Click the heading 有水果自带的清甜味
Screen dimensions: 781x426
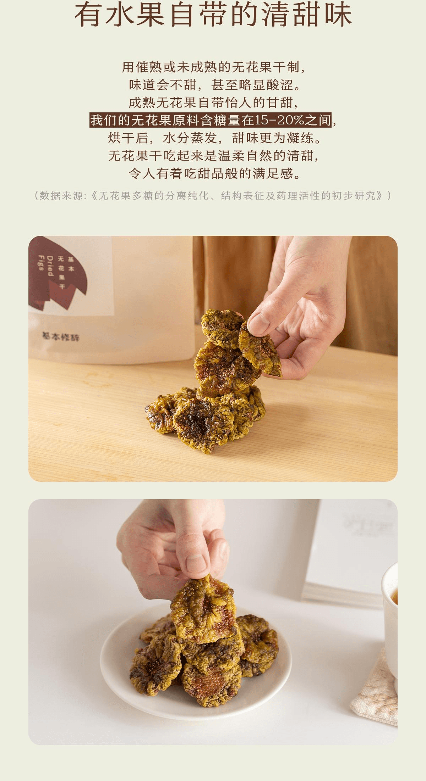213,15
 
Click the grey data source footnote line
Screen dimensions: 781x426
213,195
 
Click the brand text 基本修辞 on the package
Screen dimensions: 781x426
61,336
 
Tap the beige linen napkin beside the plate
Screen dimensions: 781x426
376,691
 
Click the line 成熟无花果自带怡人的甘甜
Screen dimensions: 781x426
213,102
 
